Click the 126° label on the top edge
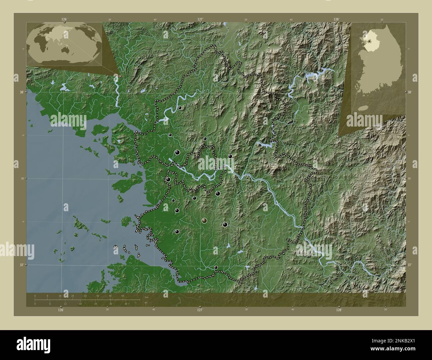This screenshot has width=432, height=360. pyautogui.click(x=64, y=20)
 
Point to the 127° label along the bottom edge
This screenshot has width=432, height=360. pyautogui.click(x=200, y=310)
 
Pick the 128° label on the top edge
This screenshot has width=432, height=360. pyautogui.click(x=337, y=20)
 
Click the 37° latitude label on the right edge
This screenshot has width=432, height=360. pyautogui.click(x=409, y=265)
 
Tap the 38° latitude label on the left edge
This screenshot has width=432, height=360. pyautogui.click(x=21, y=92)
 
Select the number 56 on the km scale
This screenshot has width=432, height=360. pyautogui.click(x=123, y=296)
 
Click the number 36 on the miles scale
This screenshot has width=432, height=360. pyautogui.click(x=126, y=304)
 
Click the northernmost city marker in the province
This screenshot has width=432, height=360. pyautogui.click(x=180, y=108)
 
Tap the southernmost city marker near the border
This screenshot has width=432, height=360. pyautogui.click(x=216, y=267)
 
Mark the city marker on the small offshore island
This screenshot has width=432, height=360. pyautogui.click(x=115, y=247)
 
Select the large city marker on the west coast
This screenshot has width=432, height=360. pyautogui.click(x=168, y=180)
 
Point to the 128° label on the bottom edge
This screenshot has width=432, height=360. pyautogui.click(x=339, y=310)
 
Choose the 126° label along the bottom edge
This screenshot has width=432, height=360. pyautogui.click(x=60, y=310)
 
